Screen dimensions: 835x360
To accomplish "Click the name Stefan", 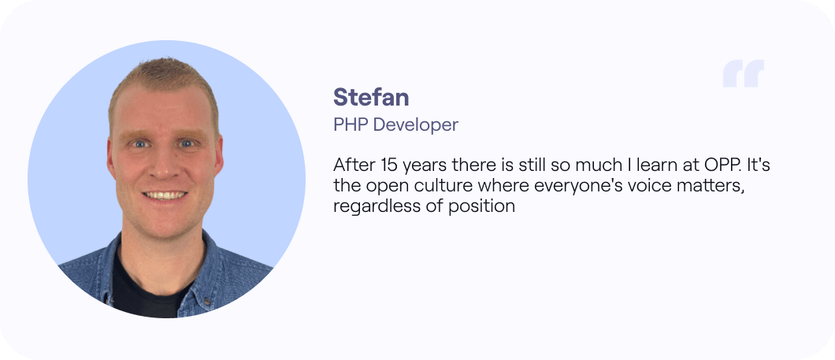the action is [x=371, y=97].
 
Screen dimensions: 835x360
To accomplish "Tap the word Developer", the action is [x=416, y=124].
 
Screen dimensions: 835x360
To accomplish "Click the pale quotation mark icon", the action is [x=744, y=73].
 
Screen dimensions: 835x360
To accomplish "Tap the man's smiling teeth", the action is [x=165, y=195].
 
